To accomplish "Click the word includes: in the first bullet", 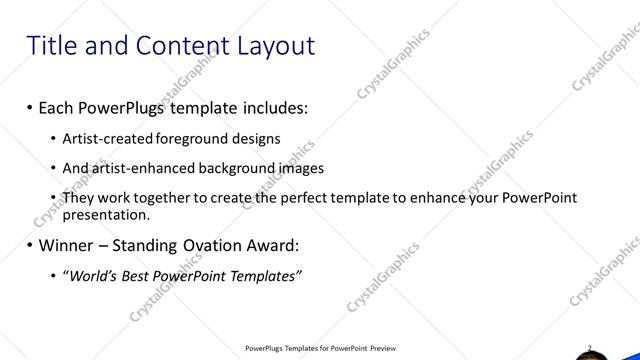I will pyautogui.click(x=265, y=105).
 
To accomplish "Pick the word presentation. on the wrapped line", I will pyautogui.click(x=106, y=214).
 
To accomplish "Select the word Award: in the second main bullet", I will pyautogui.click(x=269, y=245).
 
